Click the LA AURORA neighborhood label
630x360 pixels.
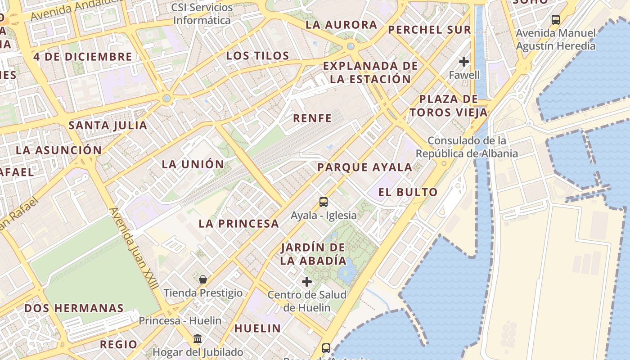point(341,25)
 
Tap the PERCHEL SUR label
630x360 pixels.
point(429,30)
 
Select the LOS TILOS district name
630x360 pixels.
point(257,56)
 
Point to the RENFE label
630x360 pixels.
point(312,118)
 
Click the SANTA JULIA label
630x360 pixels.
point(108,126)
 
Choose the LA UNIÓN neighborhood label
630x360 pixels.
point(193,164)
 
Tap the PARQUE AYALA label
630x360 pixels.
point(364,167)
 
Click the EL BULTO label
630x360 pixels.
point(408,192)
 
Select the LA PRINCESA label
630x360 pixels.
point(238,223)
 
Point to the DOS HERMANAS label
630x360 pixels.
point(74,308)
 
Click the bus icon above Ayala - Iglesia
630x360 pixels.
point(324,202)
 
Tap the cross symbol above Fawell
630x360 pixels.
point(464,61)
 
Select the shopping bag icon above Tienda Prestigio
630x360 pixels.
point(203,279)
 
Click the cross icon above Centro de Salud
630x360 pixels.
point(307,282)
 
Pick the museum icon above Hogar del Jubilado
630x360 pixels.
point(198,338)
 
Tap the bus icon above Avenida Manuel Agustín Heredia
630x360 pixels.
point(556,20)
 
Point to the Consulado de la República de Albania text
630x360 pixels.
point(467,147)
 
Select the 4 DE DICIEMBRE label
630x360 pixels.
point(83,57)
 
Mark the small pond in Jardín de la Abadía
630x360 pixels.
point(347,270)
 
